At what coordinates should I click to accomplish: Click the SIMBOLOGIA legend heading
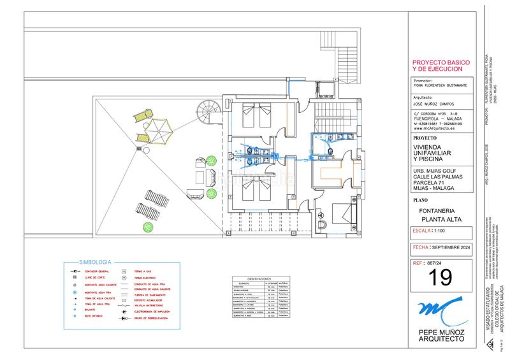pyautogui.click(x=95, y=262)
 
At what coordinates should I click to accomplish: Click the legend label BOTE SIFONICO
pyautogui.click(x=94, y=316)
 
